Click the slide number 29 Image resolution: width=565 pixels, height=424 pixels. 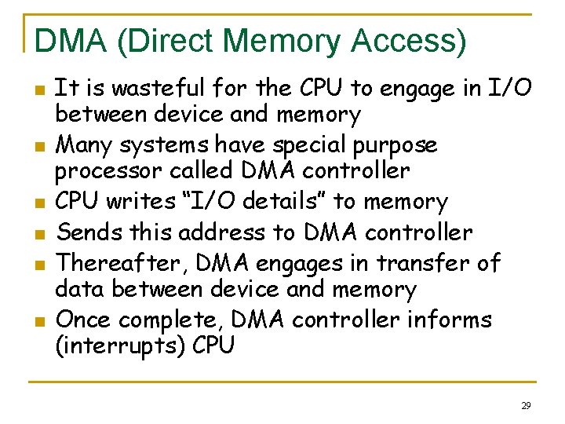point(525,405)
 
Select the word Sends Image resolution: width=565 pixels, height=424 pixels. point(88,232)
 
